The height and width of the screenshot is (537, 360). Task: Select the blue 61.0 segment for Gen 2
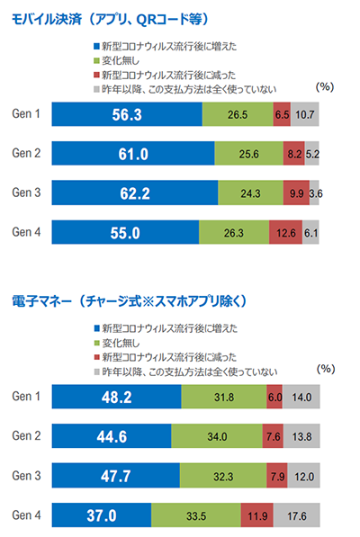[133, 154]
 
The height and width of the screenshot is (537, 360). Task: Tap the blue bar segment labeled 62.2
[135, 193]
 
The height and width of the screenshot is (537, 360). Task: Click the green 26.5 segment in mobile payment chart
[238, 114]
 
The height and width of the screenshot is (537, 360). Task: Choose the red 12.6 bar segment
[285, 233]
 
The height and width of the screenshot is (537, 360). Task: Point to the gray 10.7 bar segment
[304, 114]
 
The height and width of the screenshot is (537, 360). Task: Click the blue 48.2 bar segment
[116, 397]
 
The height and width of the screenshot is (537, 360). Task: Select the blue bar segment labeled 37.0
[102, 515]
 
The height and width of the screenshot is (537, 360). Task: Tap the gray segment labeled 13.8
[301, 436]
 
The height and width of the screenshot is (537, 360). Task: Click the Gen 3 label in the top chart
[26, 193]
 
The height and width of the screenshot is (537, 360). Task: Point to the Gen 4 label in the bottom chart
[26, 515]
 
